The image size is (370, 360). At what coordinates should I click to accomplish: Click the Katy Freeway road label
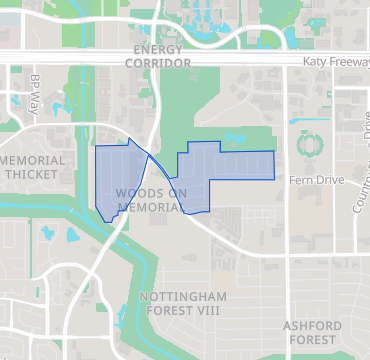[x=336, y=62]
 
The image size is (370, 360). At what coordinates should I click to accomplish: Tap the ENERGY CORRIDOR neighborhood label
[x=158, y=56]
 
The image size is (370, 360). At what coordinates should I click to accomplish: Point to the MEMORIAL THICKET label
[x=33, y=167]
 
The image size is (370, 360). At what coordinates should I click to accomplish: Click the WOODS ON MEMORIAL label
[x=151, y=200]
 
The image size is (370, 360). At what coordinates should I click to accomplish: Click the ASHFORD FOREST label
[x=312, y=333]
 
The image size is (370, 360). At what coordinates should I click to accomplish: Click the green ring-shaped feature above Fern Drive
[x=310, y=143]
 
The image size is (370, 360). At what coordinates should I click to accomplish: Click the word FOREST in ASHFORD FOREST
[x=313, y=340]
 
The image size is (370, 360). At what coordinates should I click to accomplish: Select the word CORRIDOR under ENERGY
[x=158, y=63]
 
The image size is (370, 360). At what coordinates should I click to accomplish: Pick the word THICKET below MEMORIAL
[x=32, y=174]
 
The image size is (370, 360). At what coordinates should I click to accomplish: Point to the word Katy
[x=316, y=62]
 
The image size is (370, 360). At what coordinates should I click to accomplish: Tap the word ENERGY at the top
[x=158, y=49]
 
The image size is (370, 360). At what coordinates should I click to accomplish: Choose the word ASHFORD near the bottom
[x=312, y=326]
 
